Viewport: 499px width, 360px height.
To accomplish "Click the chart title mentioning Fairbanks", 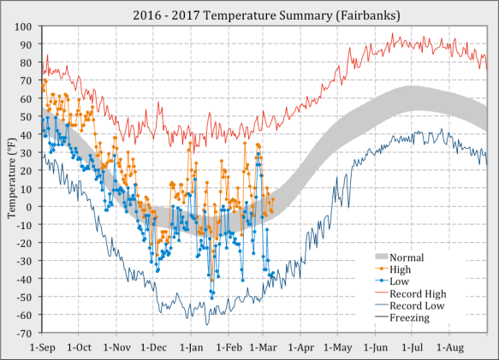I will pyautogui.click(x=249, y=15).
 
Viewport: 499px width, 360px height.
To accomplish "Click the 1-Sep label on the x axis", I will pyautogui.click(x=42, y=348).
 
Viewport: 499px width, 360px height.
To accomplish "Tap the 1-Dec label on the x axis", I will pyautogui.click(x=155, y=348).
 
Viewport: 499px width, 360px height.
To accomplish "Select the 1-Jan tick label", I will pyautogui.click(x=193, y=348).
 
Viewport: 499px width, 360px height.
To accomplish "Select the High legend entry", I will pyautogui.click(x=401, y=269).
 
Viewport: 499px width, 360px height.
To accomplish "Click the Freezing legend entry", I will pyautogui.click(x=412, y=318).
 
